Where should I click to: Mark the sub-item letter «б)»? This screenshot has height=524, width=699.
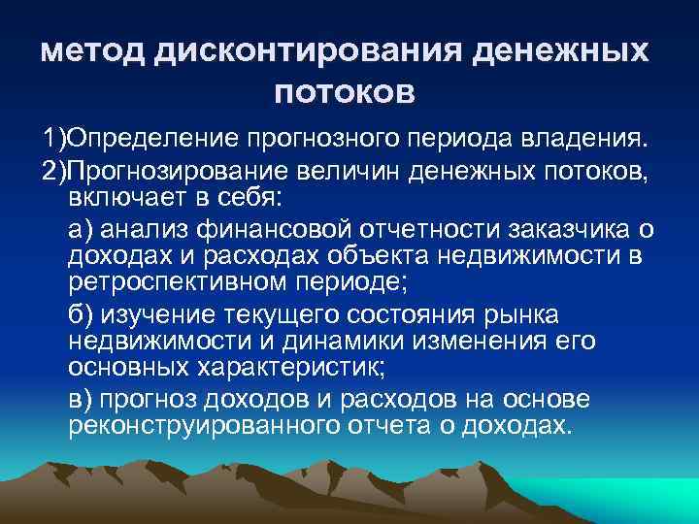click(82, 317)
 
